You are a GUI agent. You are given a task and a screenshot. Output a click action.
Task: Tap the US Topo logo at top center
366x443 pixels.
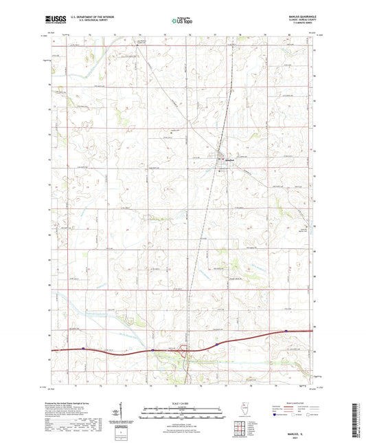pos(182,21)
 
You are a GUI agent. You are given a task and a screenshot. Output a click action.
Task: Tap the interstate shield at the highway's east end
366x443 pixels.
pos(285,331)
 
